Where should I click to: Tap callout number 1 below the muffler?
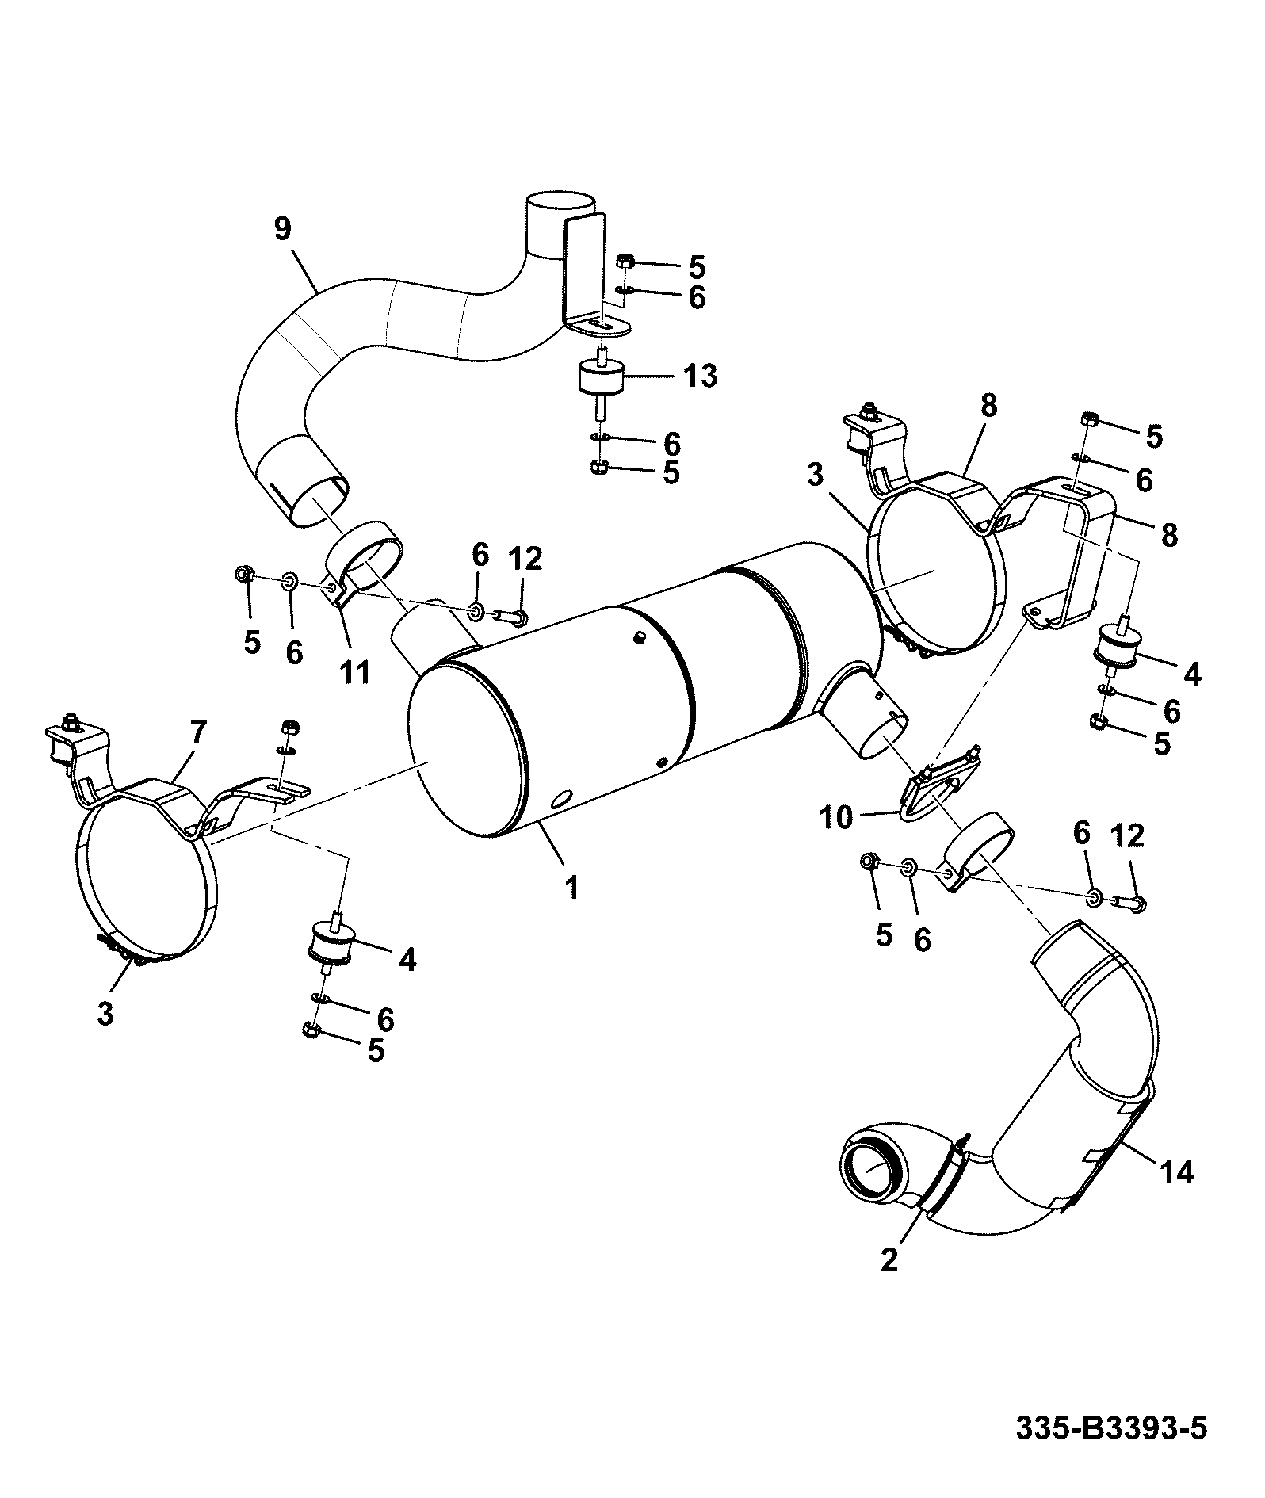tap(571, 887)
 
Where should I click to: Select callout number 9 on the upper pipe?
tap(282, 229)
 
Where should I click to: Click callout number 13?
tap(700, 375)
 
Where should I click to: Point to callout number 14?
tap(1177, 1171)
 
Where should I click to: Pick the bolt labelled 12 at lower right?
tap(1129, 901)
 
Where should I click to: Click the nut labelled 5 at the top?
tap(624, 260)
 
